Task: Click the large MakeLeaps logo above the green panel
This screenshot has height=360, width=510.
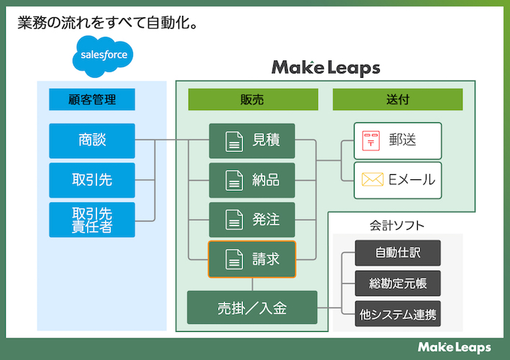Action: (x=325, y=68)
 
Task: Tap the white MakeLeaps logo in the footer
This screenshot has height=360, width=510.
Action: (x=454, y=347)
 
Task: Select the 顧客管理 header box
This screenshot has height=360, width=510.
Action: (x=92, y=99)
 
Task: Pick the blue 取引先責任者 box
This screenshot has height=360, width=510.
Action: (x=92, y=220)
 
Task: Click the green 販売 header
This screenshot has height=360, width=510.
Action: (x=252, y=99)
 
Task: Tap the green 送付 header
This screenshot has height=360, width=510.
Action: (x=397, y=99)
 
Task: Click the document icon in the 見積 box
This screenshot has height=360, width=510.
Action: (x=234, y=141)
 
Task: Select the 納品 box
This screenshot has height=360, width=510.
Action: (x=252, y=180)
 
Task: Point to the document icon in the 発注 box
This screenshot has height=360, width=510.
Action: (x=234, y=220)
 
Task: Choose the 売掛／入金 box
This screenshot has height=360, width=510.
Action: (x=252, y=307)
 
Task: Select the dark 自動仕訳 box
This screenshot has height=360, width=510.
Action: (x=397, y=253)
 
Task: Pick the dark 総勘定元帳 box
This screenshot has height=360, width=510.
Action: (x=397, y=284)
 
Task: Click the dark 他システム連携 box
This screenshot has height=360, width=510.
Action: (x=397, y=314)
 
